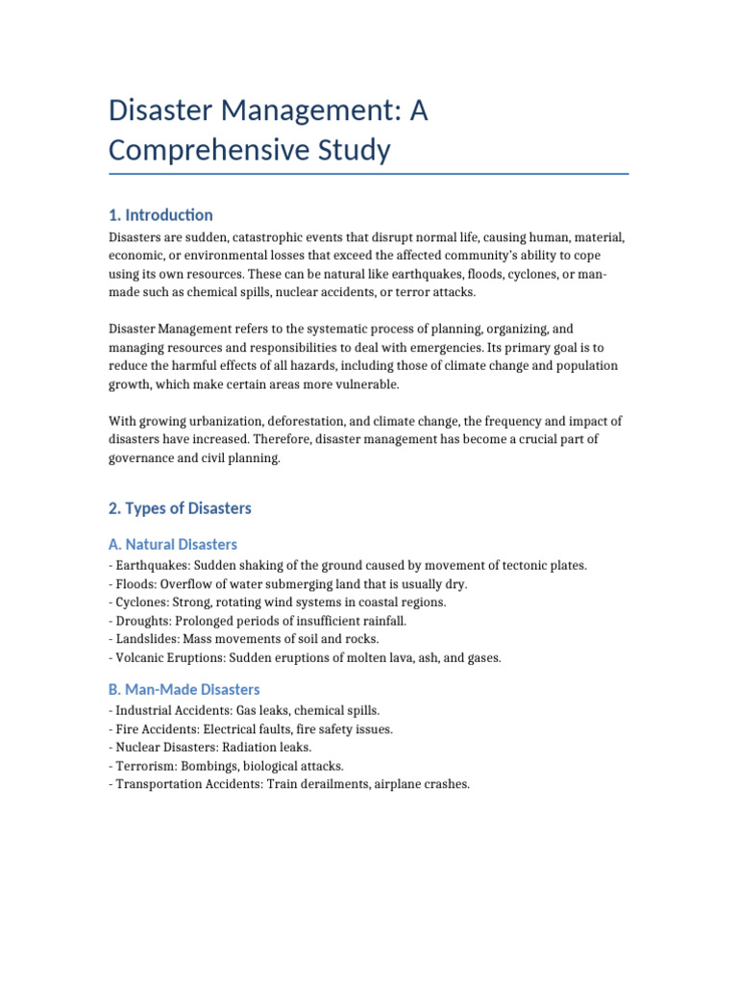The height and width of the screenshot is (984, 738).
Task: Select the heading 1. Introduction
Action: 161,214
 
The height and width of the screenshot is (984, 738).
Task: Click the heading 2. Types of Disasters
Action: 180,507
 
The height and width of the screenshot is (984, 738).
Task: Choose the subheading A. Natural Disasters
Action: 173,544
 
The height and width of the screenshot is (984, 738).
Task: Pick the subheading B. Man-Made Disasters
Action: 184,689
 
